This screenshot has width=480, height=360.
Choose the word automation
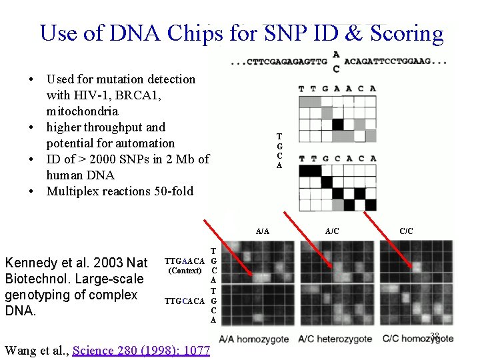click(x=143, y=143)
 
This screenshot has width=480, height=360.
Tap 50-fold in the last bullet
click(x=171, y=191)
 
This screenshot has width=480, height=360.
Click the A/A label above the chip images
click(x=263, y=231)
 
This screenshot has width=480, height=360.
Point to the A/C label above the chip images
click(x=332, y=231)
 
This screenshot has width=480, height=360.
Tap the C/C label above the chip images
click(x=406, y=231)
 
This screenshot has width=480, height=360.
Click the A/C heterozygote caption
click(x=335, y=339)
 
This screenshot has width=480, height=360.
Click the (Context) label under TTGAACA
click(x=185, y=271)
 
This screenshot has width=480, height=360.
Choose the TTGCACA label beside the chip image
click(x=185, y=301)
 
